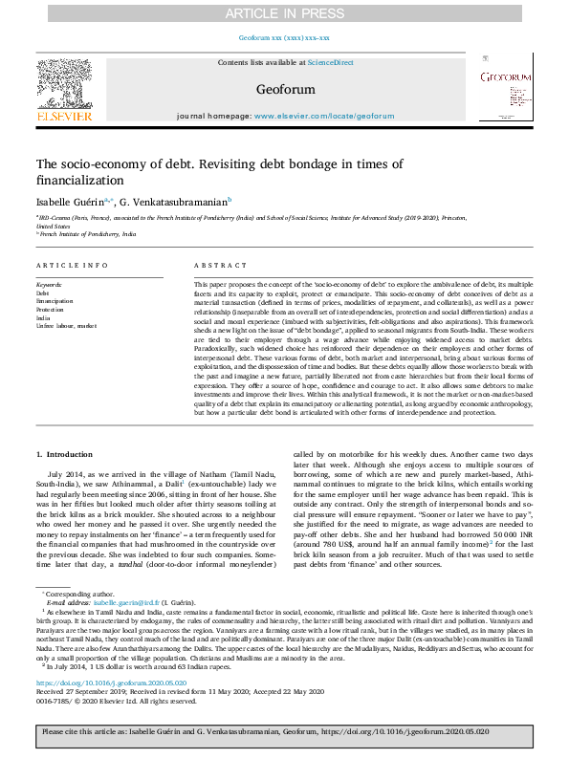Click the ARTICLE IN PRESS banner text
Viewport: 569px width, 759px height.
pos(284,12)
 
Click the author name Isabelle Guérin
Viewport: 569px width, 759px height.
pos(67,202)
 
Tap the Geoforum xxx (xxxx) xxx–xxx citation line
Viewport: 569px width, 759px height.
pos(284,38)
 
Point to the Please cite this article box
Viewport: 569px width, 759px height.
pos(284,731)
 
